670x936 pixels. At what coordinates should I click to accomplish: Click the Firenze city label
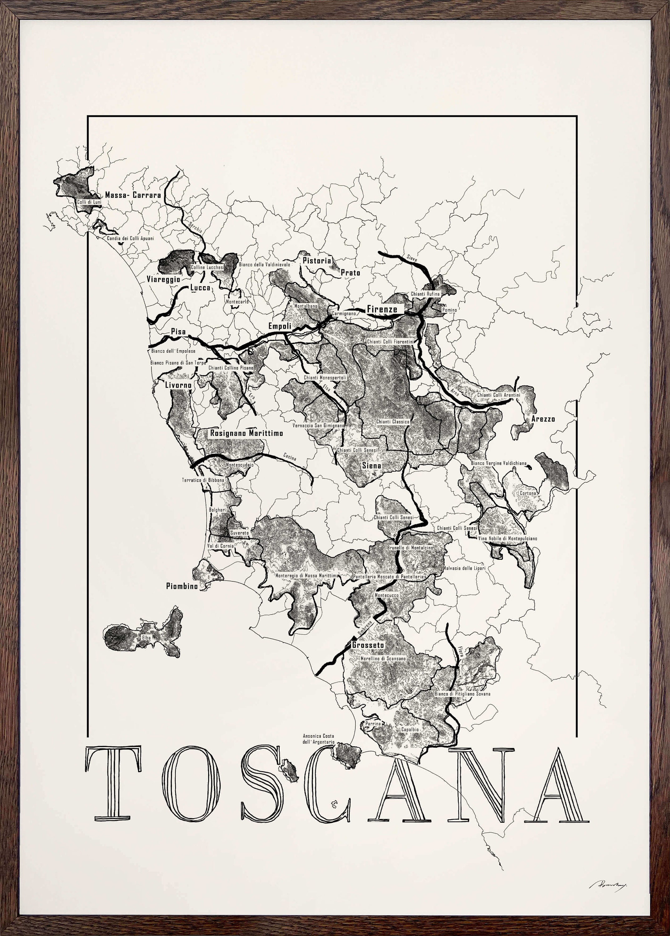(x=382, y=309)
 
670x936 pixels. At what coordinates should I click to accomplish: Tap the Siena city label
(x=371, y=465)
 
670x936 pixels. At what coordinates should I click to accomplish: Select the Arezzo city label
(x=543, y=419)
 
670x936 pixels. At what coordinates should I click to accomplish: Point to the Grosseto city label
(x=368, y=645)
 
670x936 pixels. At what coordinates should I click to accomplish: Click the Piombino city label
(x=182, y=586)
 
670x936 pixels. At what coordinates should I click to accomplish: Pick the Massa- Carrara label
(x=133, y=195)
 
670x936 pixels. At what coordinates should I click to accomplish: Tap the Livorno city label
(x=178, y=385)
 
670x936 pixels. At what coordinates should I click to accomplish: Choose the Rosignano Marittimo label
(x=246, y=433)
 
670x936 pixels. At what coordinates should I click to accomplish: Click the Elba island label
(x=146, y=638)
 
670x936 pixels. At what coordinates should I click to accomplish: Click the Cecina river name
(x=289, y=456)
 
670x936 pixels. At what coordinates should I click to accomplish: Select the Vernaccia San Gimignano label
(x=318, y=425)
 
